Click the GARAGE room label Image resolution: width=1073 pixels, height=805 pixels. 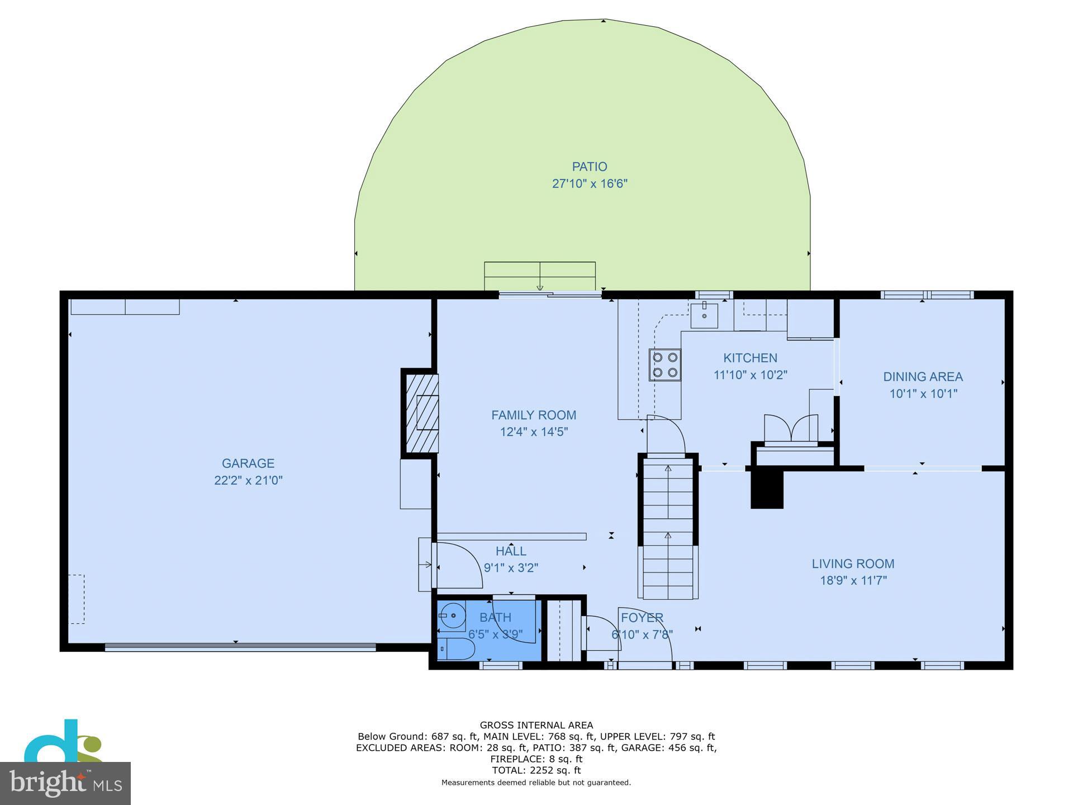coord(248,463)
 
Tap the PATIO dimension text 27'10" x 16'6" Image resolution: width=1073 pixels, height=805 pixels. coord(590,184)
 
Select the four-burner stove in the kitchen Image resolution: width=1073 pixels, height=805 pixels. coord(664,364)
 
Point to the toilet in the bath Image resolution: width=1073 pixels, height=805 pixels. coord(457,649)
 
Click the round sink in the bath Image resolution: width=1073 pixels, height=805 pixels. coord(453,615)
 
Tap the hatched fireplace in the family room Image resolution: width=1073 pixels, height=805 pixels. coord(421,413)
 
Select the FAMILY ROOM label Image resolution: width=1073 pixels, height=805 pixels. coord(533,415)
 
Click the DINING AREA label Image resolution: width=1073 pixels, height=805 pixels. coord(923,377)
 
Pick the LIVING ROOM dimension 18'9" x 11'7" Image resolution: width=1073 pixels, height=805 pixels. coord(853,581)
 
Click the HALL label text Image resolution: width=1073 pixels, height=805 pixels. coord(511,551)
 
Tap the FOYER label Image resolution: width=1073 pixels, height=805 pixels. coord(642,618)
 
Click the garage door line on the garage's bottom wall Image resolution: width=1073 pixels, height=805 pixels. coord(240,647)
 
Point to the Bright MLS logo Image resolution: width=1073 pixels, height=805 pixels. coord(65,783)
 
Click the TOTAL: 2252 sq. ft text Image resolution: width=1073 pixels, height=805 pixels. coord(536,770)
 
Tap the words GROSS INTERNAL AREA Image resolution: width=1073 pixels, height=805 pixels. coord(536,726)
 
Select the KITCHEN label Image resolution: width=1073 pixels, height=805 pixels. coord(750,358)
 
